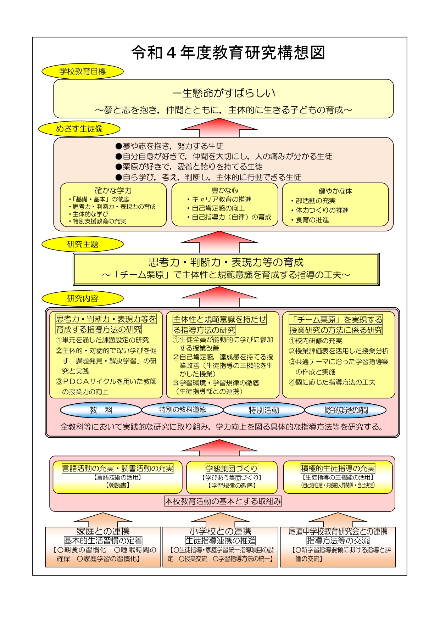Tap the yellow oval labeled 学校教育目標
point(83,71)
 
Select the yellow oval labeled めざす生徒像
point(79,129)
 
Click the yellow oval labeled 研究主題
point(83,244)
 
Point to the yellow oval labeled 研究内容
point(83,298)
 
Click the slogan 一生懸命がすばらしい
point(224,93)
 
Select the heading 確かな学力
point(113,191)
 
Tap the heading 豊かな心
point(225,191)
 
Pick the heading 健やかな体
point(335,191)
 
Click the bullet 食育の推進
point(310,220)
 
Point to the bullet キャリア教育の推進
point(219,200)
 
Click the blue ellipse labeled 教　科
point(101,410)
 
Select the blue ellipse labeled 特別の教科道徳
point(183,410)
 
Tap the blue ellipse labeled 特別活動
point(264,410)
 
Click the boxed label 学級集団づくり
point(232,469)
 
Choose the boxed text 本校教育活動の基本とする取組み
point(223,501)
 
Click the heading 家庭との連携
point(103,531)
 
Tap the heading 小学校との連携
point(221,531)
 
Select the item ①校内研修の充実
point(316,341)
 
